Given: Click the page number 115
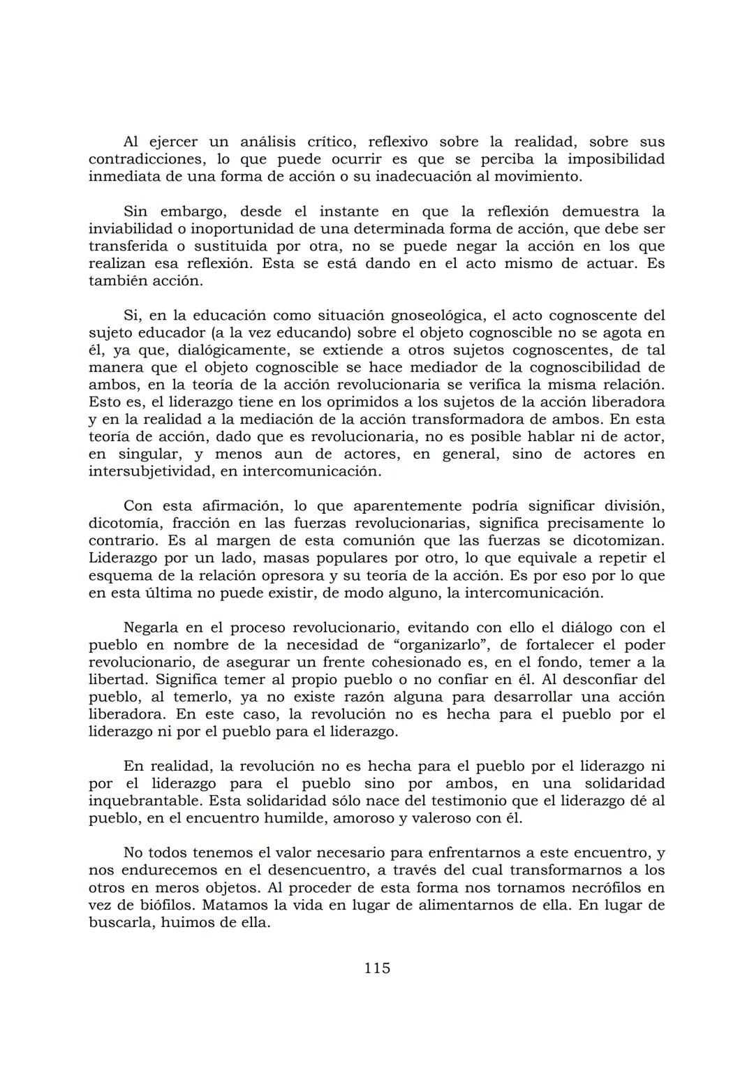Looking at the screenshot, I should [377, 968].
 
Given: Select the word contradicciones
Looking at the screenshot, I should [147, 159].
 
